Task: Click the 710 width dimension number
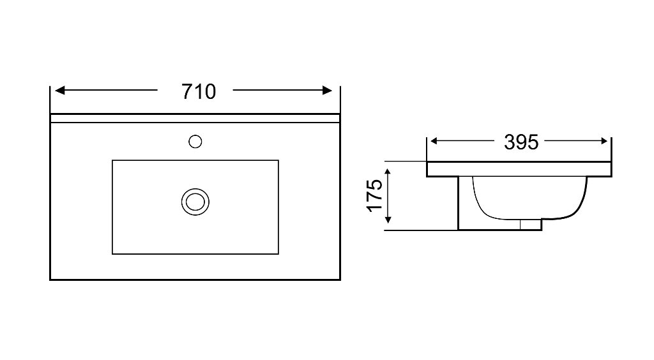tap(199, 92)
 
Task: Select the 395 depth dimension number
tap(521, 142)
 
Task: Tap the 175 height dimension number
tap(374, 195)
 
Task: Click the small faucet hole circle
tap(195, 142)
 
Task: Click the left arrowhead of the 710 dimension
tap(59, 90)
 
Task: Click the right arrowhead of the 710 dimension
tap(328, 90)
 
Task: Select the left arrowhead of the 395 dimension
tap(434, 141)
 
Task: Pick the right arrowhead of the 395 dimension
tap(604, 141)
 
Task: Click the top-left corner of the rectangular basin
tap(112, 160)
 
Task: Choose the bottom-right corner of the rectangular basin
tap(278, 254)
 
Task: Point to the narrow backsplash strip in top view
tap(195, 118)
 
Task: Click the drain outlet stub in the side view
tap(531, 225)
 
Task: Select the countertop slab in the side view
tap(519, 169)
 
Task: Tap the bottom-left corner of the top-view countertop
tap(50, 280)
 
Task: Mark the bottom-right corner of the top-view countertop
tap(340, 280)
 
